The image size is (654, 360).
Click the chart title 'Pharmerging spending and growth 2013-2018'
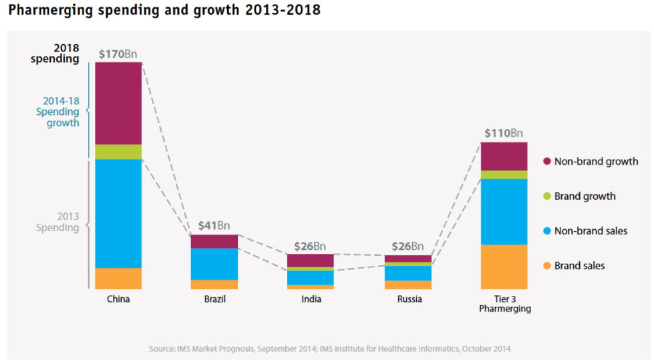tap(164, 11)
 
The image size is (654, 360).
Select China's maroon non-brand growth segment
tap(118, 103)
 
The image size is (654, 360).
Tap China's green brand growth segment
tap(118, 152)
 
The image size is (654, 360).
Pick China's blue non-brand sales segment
tap(118, 213)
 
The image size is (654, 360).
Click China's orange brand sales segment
tap(118, 278)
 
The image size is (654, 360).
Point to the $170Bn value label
tap(119, 54)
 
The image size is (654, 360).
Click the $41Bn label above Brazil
tap(214, 226)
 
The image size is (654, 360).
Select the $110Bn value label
tap(504, 133)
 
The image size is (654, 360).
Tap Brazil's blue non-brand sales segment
tap(214, 264)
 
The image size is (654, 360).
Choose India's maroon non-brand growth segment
tap(310, 260)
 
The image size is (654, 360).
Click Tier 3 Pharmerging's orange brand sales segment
tap(504, 266)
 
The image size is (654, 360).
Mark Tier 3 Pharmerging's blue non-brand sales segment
tap(504, 212)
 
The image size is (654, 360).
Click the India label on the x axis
tap(311, 299)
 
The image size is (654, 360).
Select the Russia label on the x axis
tap(409, 299)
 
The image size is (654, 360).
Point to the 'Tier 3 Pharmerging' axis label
tap(504, 304)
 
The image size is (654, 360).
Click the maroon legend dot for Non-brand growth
tap(546, 162)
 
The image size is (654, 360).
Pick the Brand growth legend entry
tap(585, 196)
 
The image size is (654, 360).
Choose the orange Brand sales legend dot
tap(546, 266)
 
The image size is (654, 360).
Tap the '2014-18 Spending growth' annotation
tap(58, 112)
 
